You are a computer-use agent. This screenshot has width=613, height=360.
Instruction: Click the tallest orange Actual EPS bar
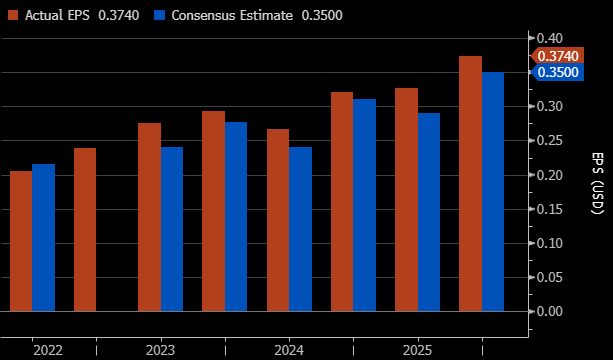pos(470,184)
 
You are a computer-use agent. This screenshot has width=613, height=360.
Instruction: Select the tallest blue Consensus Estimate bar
pos(493,192)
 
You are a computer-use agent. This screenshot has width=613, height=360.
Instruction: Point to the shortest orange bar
pos(21,241)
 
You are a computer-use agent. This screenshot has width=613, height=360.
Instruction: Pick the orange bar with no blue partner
pos(85,229)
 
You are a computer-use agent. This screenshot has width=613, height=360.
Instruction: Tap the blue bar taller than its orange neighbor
pos(43,238)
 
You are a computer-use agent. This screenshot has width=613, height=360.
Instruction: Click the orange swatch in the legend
pos(13,15)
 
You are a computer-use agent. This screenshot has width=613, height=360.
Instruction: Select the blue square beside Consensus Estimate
pos(160,15)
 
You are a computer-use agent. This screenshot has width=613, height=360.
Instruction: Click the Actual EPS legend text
pos(57,15)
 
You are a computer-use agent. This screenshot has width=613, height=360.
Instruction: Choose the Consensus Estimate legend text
pos(232,15)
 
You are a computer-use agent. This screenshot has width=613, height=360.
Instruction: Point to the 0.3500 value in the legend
pos(322,15)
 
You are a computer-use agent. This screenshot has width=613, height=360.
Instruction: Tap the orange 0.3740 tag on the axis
pos(557,56)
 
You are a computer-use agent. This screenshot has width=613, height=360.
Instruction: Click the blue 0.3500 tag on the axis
pos(557,72)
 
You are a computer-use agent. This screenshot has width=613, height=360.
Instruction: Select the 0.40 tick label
pos(550,38)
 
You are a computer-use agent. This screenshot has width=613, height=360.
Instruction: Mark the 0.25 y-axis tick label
pos(550,141)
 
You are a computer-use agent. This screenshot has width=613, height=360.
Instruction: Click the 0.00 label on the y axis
pos(550,312)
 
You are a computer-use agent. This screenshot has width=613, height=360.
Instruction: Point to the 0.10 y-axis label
pos(550,243)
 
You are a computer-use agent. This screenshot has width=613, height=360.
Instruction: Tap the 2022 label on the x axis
pos(48,350)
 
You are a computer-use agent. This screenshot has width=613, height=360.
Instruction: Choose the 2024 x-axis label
pos(289,350)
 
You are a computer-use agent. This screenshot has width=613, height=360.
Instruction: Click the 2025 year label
pos(418,350)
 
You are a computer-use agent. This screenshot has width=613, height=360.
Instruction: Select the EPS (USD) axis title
pos(597,183)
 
